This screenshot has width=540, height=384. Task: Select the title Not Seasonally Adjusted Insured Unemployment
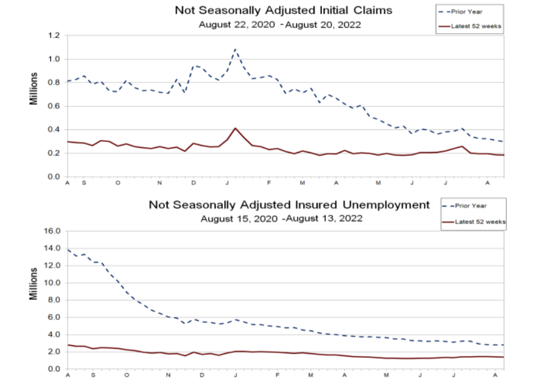click(289, 205)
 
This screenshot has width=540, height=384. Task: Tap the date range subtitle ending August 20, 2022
click(279, 24)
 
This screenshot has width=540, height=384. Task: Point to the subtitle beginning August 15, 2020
click(280, 218)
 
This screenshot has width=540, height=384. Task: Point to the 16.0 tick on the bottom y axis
click(52, 230)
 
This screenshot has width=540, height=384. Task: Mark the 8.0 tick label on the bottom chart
click(54, 300)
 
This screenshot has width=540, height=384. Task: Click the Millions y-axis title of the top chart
click(34, 89)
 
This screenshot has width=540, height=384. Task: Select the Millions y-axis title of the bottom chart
click(34, 283)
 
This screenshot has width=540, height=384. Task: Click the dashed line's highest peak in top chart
click(235, 49)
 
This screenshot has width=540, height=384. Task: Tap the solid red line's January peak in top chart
click(235, 128)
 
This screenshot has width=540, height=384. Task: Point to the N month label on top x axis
click(160, 183)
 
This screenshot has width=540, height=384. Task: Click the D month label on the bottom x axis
click(202, 376)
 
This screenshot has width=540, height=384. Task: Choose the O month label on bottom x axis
click(126, 376)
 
